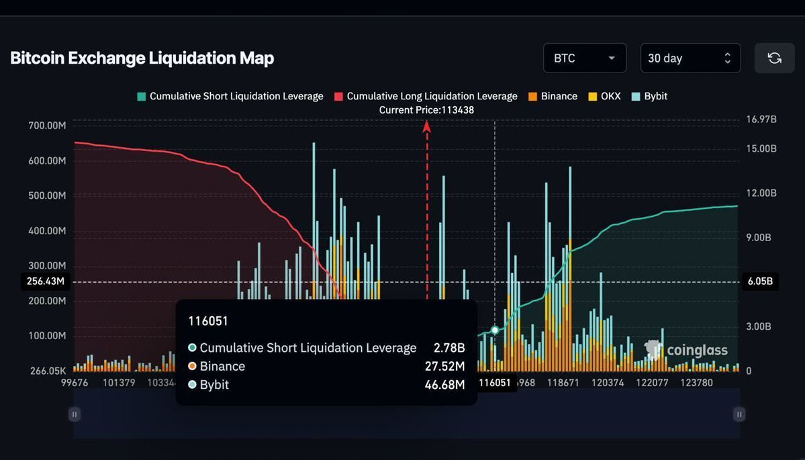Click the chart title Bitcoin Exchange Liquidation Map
click(x=142, y=58)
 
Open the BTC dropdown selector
click(x=584, y=58)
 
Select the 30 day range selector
click(x=690, y=58)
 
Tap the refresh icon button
click(x=774, y=58)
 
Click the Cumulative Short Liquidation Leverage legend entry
click(x=229, y=96)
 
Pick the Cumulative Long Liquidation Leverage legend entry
click(x=426, y=96)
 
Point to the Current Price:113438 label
click(x=426, y=109)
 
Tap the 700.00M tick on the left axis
click(x=47, y=126)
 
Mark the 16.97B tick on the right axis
click(x=761, y=120)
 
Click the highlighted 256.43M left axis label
click(x=46, y=281)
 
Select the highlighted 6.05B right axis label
click(x=761, y=281)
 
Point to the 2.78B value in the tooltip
click(x=449, y=348)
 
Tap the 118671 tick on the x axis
click(x=563, y=383)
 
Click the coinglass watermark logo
click(x=685, y=350)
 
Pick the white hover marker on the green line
click(x=495, y=330)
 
